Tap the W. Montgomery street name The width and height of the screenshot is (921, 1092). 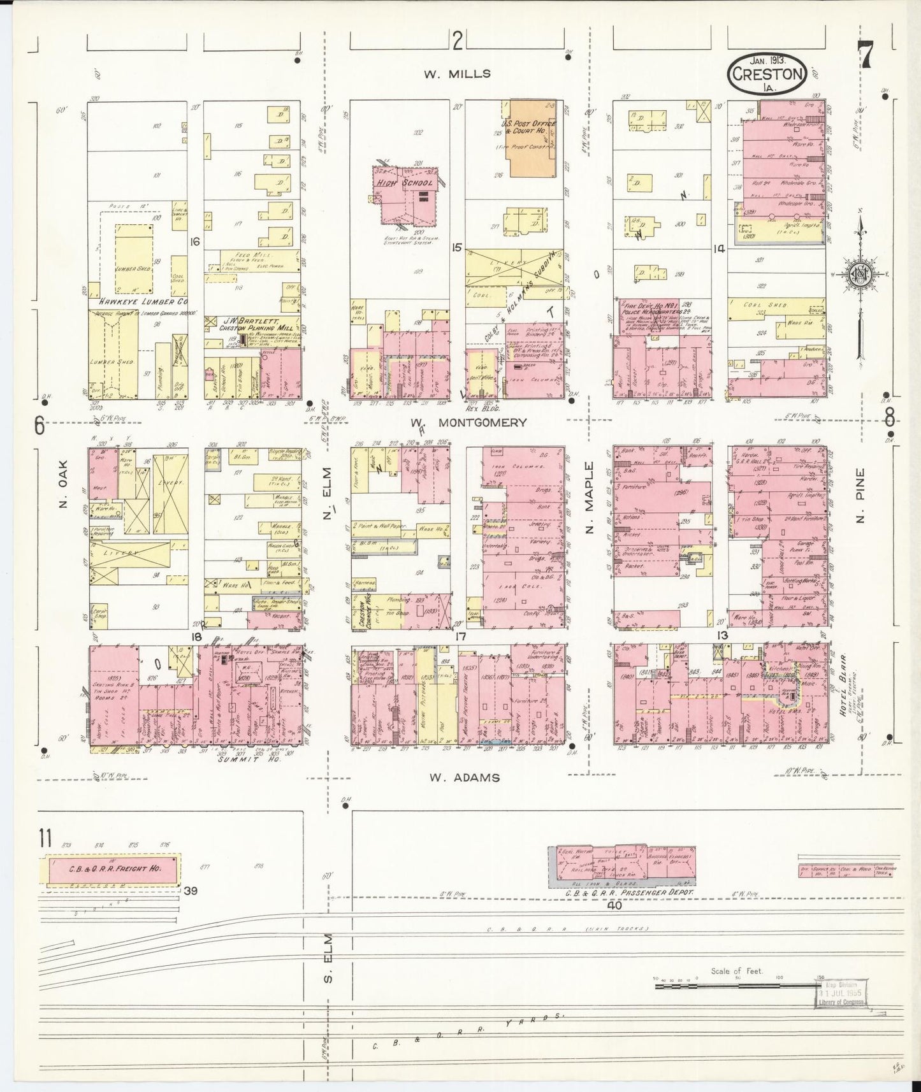pyautogui.click(x=469, y=422)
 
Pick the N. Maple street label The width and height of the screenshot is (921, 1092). pyautogui.click(x=590, y=499)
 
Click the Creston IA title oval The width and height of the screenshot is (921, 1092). pyautogui.click(x=767, y=73)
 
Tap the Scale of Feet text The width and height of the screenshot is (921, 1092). pyautogui.click(x=737, y=972)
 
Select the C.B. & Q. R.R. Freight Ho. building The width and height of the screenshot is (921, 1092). pyautogui.click(x=110, y=868)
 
